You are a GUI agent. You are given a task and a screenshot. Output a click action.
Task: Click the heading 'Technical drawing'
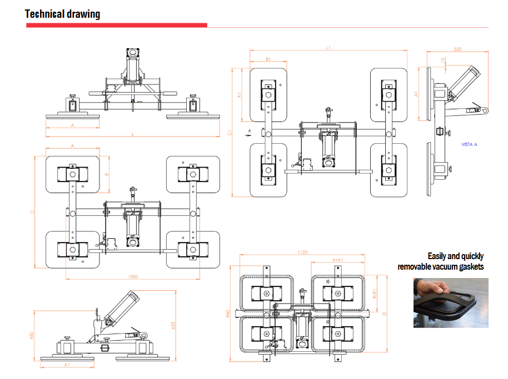62,14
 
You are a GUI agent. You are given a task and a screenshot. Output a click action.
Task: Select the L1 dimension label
328,48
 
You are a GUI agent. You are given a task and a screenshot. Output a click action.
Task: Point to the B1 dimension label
268,59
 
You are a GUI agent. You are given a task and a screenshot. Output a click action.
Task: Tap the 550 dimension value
457,49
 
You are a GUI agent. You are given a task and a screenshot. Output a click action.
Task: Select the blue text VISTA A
470,144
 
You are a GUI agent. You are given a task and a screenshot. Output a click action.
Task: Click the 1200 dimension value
132,276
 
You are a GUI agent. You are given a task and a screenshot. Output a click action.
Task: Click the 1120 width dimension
302,252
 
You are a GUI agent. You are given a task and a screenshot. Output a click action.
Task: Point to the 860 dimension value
228,314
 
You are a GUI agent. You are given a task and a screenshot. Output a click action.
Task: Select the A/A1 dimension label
337,260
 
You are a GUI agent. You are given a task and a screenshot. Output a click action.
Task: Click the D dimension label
385,314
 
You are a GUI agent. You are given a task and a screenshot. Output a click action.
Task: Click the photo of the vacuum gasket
451,302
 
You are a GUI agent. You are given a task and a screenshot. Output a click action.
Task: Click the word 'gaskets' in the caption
470,267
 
